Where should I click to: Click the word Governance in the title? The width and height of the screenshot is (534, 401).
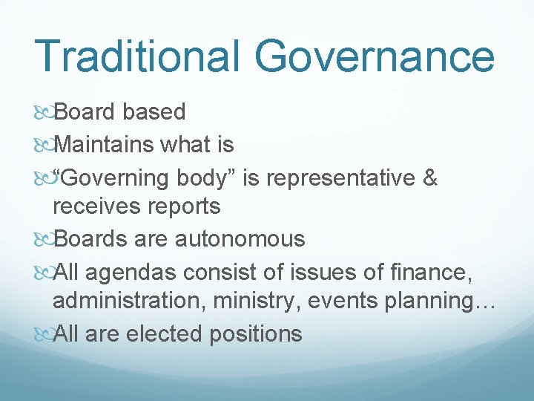coord(375,56)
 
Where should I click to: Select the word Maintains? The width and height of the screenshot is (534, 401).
coord(108,144)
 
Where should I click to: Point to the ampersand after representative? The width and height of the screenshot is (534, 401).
coord(430,178)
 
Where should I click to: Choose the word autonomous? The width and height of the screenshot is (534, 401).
coord(240,239)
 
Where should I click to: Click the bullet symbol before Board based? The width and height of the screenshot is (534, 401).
coord(44,113)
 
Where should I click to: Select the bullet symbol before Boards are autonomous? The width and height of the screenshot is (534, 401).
coord(44,240)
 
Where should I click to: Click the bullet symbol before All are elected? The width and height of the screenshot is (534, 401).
coord(44,334)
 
